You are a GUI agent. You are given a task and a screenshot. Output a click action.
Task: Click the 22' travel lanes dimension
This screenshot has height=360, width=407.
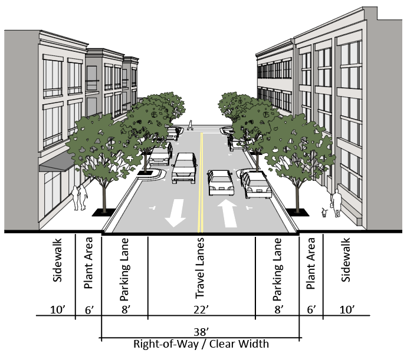click(x=201, y=309)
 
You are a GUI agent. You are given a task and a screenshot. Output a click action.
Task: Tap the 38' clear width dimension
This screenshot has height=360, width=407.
click(x=201, y=331)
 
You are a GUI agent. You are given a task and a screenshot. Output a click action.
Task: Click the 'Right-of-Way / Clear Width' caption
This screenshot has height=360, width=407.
click(x=201, y=345)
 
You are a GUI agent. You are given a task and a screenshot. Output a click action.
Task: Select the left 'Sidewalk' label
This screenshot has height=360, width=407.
click(x=57, y=268)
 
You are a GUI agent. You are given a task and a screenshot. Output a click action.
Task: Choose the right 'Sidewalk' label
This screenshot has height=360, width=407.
click(x=346, y=268)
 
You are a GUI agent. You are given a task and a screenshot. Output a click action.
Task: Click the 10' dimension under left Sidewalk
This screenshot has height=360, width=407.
click(x=57, y=309)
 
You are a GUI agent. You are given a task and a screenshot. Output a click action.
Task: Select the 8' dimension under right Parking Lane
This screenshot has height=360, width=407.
click(x=278, y=309)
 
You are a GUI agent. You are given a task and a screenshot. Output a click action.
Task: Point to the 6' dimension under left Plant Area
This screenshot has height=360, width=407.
click(x=88, y=309)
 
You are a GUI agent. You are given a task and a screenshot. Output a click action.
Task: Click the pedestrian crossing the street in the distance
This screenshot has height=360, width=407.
click(x=190, y=124)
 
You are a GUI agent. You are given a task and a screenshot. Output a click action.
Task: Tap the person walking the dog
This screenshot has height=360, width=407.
click(x=336, y=203)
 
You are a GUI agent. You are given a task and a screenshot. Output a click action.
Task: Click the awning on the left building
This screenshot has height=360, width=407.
click(x=57, y=162)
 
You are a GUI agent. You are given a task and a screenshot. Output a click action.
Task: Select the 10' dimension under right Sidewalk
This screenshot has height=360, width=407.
click(x=346, y=309)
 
